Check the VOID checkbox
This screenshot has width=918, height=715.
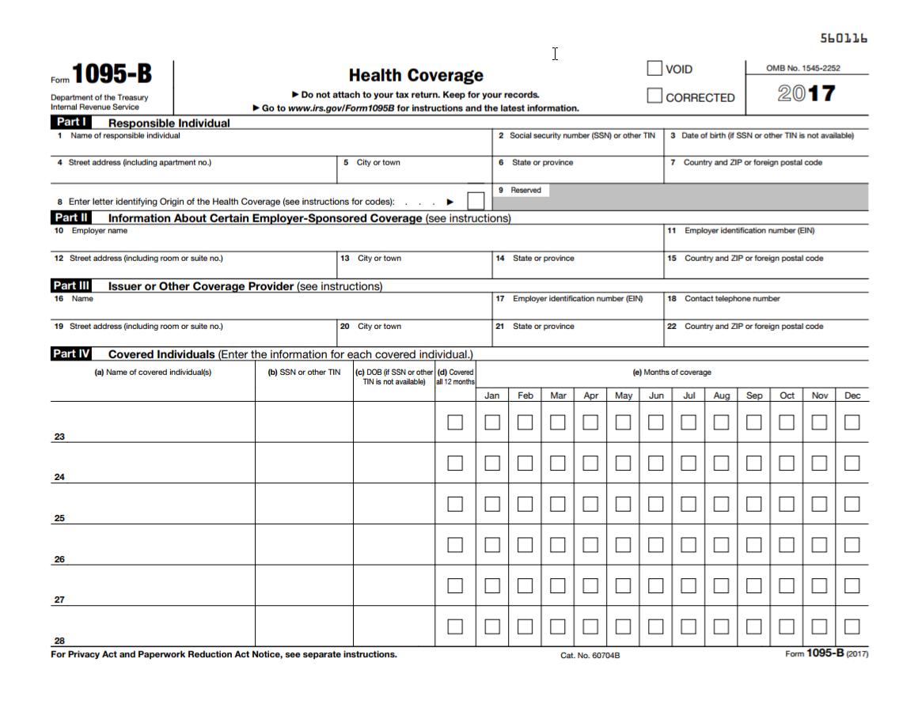pyautogui.click(x=654, y=69)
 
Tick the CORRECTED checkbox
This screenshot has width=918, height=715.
pyautogui.click(x=654, y=96)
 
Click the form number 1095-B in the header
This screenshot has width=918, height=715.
pyautogui.click(x=112, y=74)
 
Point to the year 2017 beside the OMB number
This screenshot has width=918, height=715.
pyautogui.click(x=806, y=93)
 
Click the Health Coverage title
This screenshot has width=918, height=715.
pyautogui.click(x=415, y=75)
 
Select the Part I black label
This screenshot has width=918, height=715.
pyautogui.click(x=71, y=123)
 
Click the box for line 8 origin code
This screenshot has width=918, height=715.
pyautogui.click(x=476, y=201)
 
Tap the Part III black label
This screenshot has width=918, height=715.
pyautogui.click(x=71, y=286)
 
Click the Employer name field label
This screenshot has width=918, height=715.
pyautogui.click(x=99, y=231)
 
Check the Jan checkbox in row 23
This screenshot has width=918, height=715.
pyautogui.click(x=492, y=422)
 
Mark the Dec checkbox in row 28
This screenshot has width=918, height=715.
pyautogui.click(x=852, y=626)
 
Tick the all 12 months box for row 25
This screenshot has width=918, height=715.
pyautogui.click(x=455, y=504)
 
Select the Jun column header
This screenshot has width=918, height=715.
pyautogui.click(x=656, y=395)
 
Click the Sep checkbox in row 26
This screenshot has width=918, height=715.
pyautogui.click(x=754, y=545)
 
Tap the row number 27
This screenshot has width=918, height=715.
pyautogui.click(x=59, y=600)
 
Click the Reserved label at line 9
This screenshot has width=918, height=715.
pyautogui.click(x=525, y=191)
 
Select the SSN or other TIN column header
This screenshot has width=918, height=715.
pyautogui.click(x=304, y=373)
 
